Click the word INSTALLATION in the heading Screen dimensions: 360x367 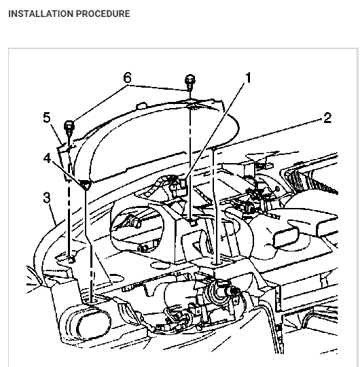[x=41, y=14]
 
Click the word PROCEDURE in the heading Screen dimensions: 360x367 [x=103, y=14]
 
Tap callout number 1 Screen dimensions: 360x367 [x=248, y=77]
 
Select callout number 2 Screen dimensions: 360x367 [x=327, y=118]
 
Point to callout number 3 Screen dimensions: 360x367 [x=47, y=198]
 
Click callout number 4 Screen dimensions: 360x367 [x=47, y=158]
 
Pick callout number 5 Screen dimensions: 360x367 [x=47, y=118]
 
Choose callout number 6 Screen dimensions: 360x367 [x=127, y=77]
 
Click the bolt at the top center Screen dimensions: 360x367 [x=190, y=83]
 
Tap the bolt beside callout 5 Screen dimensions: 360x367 [x=69, y=128]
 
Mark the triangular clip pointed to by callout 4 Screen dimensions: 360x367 [x=85, y=184]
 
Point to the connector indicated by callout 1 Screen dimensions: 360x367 [x=179, y=186]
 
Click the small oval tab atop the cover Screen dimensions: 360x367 [x=141, y=105]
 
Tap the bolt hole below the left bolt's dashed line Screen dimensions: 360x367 [x=71, y=260]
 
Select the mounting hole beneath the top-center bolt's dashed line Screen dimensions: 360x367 [x=193, y=223]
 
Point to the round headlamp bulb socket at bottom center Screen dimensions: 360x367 [x=219, y=292]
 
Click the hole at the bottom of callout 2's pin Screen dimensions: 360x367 [x=217, y=264]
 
